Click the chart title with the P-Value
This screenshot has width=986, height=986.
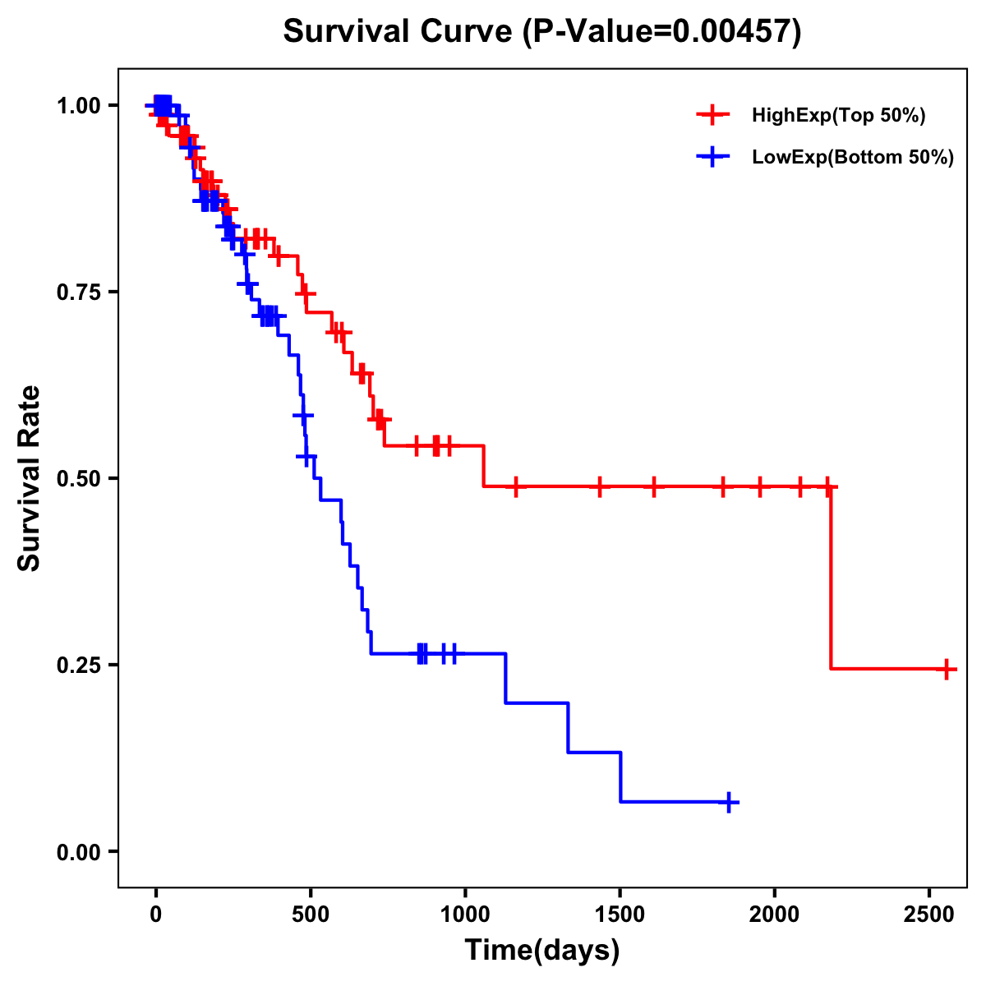[541, 31]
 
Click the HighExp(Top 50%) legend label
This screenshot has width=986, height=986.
[838, 116]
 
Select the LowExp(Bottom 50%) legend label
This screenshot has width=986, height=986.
[852, 158]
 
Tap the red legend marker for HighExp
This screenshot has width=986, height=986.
[713, 116]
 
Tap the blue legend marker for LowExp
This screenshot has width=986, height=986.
[713, 158]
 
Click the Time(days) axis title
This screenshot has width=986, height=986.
[542, 951]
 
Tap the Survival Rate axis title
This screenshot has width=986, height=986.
[30, 478]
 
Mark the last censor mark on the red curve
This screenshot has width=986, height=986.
[947, 669]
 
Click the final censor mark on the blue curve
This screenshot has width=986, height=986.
[728, 802]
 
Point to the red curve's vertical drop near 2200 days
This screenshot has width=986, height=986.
[831, 575]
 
